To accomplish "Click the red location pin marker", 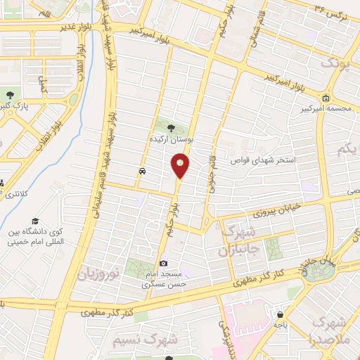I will tap(180, 166).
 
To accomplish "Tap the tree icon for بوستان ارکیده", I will tap(172, 127).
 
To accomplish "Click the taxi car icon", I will tap(142, 171).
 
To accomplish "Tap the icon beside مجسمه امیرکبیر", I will tap(326, 98).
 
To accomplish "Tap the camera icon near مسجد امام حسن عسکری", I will tap(163, 262).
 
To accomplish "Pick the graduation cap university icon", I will tap(34, 219).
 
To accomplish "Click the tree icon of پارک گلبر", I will tap(9, 96).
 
